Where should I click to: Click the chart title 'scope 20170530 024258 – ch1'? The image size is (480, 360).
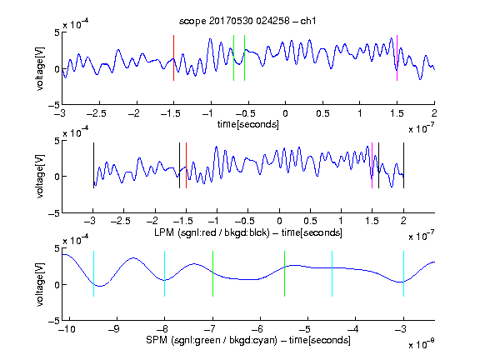pyautogui.click(x=247, y=21)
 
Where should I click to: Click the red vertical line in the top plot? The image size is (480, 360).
pyautogui.click(x=173, y=57)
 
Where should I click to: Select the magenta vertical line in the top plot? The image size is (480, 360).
pyautogui.click(x=397, y=57)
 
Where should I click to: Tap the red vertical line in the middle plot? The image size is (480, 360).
pyautogui.click(x=186, y=165)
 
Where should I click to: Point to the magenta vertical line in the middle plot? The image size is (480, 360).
pyautogui.click(x=372, y=165)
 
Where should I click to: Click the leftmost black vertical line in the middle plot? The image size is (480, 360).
pyautogui.click(x=93, y=165)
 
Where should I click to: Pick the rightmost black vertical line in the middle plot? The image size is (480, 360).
pyautogui.click(x=403, y=165)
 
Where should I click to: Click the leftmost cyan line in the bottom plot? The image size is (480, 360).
pyautogui.click(x=93, y=273)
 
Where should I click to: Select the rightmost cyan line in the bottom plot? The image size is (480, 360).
pyautogui.click(x=403, y=273)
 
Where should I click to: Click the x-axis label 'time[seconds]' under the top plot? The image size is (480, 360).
pyautogui.click(x=248, y=124)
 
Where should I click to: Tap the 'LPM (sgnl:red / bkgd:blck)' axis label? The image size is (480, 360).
pyautogui.click(x=212, y=232)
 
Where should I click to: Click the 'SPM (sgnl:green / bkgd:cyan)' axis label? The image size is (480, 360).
pyautogui.click(x=212, y=340)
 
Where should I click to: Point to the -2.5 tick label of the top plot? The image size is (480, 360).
pyautogui.click(x=97, y=113)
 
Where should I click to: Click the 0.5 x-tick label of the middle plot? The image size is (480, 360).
pyautogui.click(x=310, y=221)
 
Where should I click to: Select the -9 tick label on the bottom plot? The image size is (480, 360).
pyautogui.click(x=114, y=329)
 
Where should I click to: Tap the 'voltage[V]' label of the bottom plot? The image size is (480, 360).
pyautogui.click(x=40, y=284)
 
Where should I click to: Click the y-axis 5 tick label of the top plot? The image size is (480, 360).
pyautogui.click(x=57, y=32)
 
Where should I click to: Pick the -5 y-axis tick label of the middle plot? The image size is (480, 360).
pyautogui.click(x=53, y=213)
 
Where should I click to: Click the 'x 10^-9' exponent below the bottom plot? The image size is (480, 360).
pyautogui.click(x=421, y=344)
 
